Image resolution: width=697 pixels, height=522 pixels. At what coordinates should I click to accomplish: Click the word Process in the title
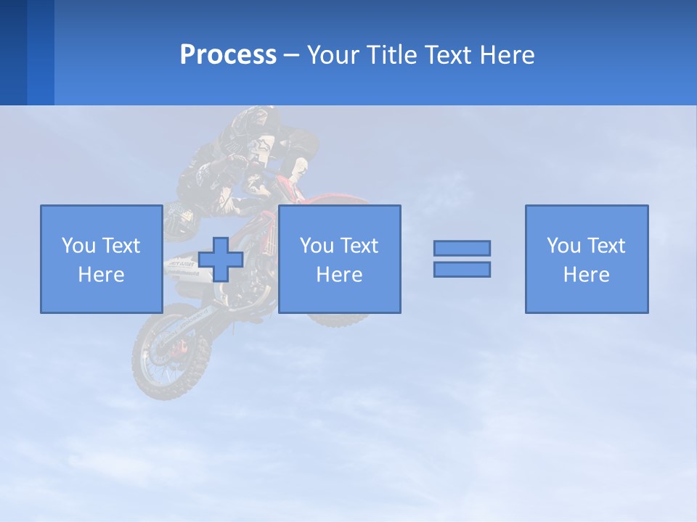(x=228, y=55)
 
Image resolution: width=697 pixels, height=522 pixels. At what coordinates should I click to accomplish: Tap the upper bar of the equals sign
(x=462, y=248)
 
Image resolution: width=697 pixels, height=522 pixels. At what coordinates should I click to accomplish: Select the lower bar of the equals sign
(x=462, y=269)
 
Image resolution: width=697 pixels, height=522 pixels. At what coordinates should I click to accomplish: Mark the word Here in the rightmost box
(x=586, y=275)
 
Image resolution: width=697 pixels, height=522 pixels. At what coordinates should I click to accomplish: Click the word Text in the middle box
(x=359, y=246)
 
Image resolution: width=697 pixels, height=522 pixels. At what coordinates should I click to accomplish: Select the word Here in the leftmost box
(x=101, y=275)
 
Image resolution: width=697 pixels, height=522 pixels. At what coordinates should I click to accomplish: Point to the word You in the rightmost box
(x=563, y=246)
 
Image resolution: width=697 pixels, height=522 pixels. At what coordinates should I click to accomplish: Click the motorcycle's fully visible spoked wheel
(x=163, y=355)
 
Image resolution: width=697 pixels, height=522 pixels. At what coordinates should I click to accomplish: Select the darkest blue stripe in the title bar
(x=13, y=52)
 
